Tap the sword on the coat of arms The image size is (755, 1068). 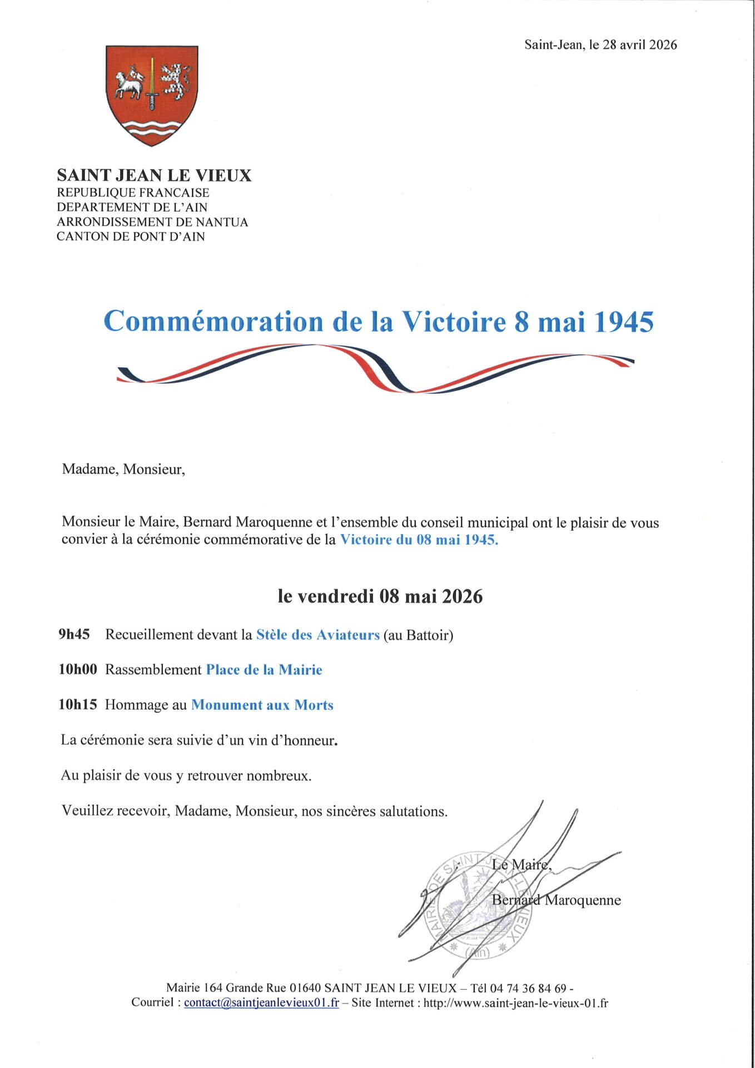coord(152,83)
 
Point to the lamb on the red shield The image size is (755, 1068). coord(129,84)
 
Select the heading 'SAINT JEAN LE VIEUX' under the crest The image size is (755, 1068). coord(154,175)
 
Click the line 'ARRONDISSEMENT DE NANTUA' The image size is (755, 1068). coord(152,222)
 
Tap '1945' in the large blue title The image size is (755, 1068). coord(624,322)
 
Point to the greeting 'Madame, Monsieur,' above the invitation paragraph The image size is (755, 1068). coord(123,469)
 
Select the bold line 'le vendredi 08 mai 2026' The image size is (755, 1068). coord(380,596)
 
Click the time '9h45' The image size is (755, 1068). coord(74,635)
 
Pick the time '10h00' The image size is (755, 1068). coord(78,670)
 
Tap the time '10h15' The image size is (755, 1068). coord(78,705)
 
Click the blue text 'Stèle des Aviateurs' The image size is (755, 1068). coord(317,635)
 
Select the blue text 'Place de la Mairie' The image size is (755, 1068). coord(264,670)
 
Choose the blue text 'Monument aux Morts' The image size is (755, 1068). coord(262,705)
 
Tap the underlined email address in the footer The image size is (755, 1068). coord(261,1002)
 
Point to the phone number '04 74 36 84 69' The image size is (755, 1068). coord(528,988)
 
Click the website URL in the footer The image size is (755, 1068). coord(515,1003)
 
